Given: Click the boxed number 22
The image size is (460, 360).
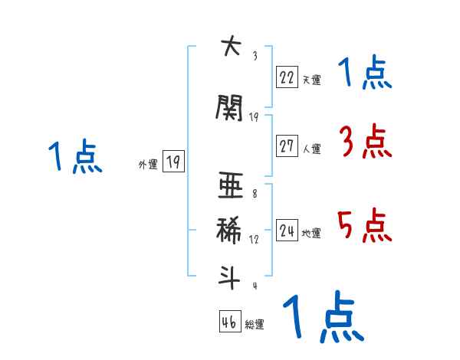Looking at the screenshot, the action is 287,77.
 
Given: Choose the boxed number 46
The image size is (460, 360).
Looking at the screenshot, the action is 229,322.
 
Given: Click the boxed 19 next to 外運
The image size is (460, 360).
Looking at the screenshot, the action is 172,162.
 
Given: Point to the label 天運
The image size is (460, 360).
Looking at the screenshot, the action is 311,79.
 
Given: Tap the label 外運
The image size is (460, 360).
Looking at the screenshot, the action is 147,164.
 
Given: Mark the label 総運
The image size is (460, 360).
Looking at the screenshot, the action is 255,325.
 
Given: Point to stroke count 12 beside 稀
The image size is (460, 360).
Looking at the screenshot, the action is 254,240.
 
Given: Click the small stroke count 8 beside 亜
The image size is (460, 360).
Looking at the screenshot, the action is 254,194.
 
